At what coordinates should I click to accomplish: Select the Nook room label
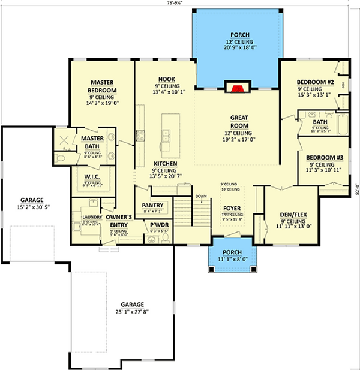166,79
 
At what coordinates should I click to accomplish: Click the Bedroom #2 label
315,82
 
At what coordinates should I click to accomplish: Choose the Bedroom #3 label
324,157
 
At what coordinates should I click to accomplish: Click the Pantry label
149,205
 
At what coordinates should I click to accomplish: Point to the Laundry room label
83,217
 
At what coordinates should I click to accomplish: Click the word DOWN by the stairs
200,196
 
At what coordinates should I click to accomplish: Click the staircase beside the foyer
185,215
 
